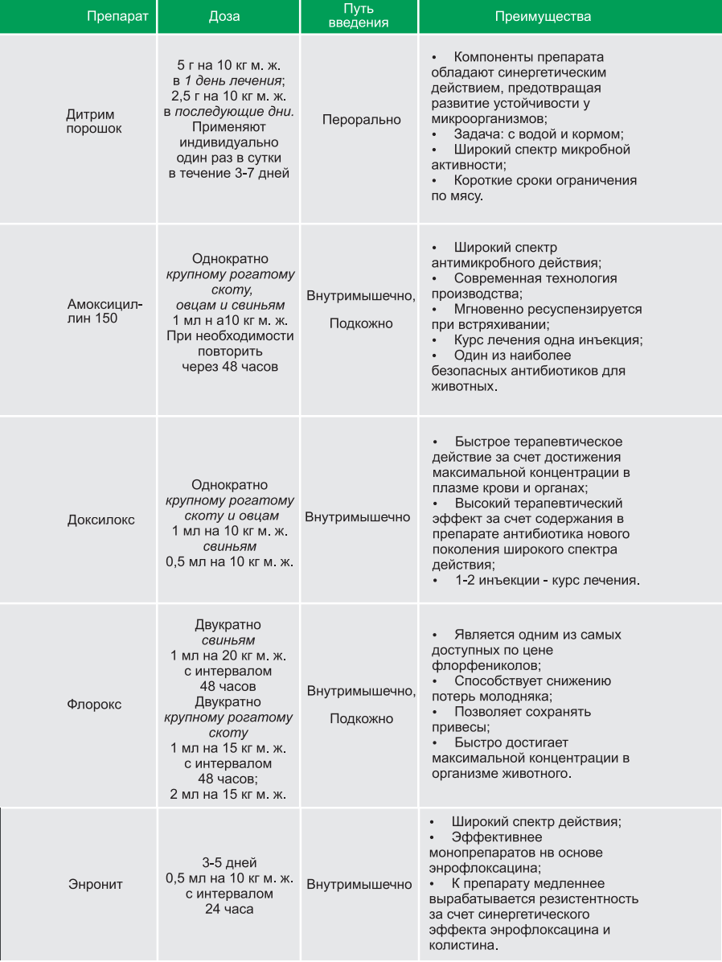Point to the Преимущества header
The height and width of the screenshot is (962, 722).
click(x=543, y=16)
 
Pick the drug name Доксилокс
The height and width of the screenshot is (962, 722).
click(x=101, y=520)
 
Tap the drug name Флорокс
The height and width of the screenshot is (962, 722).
click(x=94, y=704)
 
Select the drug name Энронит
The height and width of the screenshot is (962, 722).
click(x=95, y=885)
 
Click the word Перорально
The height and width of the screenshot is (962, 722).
click(x=361, y=120)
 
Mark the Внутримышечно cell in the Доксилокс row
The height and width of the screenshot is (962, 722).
click(x=358, y=517)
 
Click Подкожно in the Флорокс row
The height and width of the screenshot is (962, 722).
click(x=361, y=718)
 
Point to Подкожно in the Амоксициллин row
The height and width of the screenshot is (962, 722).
click(x=361, y=323)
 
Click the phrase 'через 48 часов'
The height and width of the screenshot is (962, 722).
click(x=229, y=367)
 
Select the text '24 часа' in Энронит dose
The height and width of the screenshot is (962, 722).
click(x=229, y=909)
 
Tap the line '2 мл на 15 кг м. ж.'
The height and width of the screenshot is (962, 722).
click(x=229, y=795)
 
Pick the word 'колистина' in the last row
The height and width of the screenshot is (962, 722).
click(x=463, y=946)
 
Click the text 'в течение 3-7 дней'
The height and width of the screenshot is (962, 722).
click(x=229, y=173)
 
